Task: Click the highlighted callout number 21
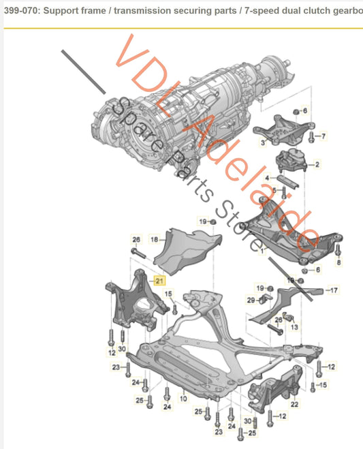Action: pos(160,280)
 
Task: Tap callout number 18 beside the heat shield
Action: pos(154,239)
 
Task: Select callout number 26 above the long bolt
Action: pos(136,239)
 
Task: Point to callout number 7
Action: pos(323,136)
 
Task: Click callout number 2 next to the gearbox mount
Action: pos(317,164)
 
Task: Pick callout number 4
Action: pos(267,178)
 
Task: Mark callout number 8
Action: pos(338,262)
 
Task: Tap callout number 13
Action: pos(295,327)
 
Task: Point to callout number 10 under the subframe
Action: pos(183,398)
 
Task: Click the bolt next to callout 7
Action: pos(311,137)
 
